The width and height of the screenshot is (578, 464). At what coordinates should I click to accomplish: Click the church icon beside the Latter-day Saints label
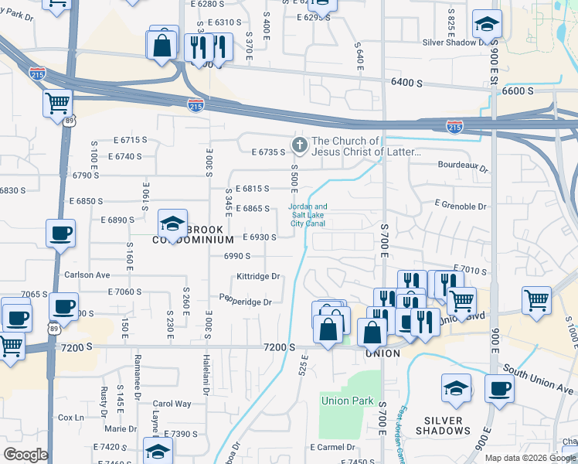pyautogui.click(x=298, y=145)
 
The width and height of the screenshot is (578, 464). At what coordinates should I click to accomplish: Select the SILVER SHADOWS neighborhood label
pyautogui.click(x=443, y=425)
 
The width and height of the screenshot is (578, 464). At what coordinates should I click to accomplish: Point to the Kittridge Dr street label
pyautogui.click(x=258, y=276)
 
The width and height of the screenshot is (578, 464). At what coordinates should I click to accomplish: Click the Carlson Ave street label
pyautogui.click(x=87, y=275)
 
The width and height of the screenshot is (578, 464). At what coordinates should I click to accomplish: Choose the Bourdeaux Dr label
pyautogui.click(x=463, y=165)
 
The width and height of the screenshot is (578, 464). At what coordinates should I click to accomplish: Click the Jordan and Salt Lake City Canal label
pyautogui.click(x=308, y=215)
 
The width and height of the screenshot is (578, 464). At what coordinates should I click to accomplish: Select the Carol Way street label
pyautogui.click(x=172, y=404)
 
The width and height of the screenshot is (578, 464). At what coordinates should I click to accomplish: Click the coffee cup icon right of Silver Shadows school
pyautogui.click(x=499, y=388)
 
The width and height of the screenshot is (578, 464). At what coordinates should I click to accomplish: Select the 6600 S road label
pyautogui.click(x=518, y=90)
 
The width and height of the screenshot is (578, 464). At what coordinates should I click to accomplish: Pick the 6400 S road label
pyautogui.click(x=406, y=81)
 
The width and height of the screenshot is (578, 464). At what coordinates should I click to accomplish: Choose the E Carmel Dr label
pyautogui.click(x=332, y=447)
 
